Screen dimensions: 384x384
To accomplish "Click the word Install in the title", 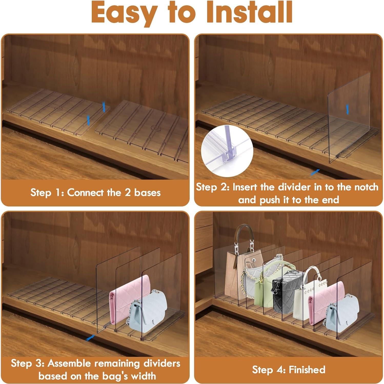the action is coord(250,12).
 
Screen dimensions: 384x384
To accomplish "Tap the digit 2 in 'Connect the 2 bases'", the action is coord(128,193).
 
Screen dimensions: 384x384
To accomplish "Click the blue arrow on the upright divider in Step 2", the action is coord(347,110).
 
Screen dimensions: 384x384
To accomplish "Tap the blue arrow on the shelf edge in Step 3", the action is coord(90,338).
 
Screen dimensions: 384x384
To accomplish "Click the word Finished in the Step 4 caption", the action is coord(307,370).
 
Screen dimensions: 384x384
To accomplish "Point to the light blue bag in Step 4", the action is coord(342,313).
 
